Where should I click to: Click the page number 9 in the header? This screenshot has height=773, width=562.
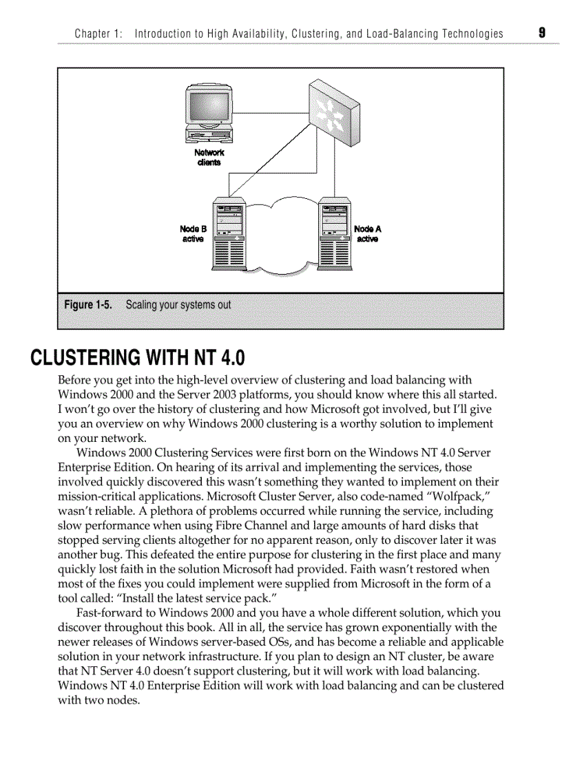542,32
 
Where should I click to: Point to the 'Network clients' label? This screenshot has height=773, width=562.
209,158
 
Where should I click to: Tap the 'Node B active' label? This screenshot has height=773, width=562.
193,234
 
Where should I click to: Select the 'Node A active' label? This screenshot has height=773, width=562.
367,234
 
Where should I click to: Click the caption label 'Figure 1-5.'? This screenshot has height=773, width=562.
88,304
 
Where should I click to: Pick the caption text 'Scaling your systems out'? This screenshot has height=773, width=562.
178,304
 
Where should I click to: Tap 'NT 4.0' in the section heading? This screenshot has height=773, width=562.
222,358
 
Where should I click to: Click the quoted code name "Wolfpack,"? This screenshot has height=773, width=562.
461,496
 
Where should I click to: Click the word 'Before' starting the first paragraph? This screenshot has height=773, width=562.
74,380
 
